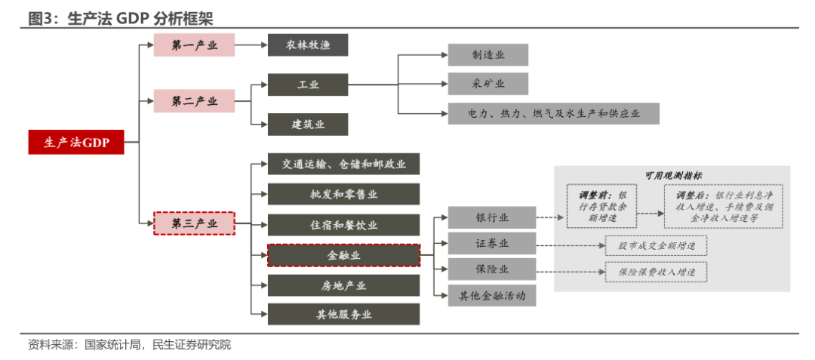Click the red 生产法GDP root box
76,142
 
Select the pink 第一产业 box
194,45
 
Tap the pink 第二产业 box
194,101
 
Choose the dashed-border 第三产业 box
194,223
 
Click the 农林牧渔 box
308,45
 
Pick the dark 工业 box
308,85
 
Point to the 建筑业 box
308,125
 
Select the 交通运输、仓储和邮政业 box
343,164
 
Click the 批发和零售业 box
343,194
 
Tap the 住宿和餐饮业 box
343,225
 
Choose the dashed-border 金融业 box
343,255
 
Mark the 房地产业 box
343,285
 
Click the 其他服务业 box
343,314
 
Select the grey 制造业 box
487,55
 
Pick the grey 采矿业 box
487,84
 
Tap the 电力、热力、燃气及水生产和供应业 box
553,113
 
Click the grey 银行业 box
491,217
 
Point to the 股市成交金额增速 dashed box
656,246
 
